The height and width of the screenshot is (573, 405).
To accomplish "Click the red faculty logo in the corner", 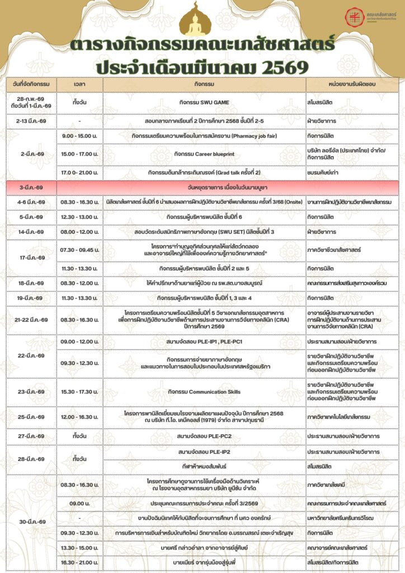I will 353,16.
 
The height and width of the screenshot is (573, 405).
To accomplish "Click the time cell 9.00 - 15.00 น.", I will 79,136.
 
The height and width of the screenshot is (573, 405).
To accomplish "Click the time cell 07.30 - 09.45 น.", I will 79,249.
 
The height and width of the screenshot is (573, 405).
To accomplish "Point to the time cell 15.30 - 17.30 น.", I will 79,392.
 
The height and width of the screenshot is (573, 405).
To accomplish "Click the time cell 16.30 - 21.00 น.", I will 79,561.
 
